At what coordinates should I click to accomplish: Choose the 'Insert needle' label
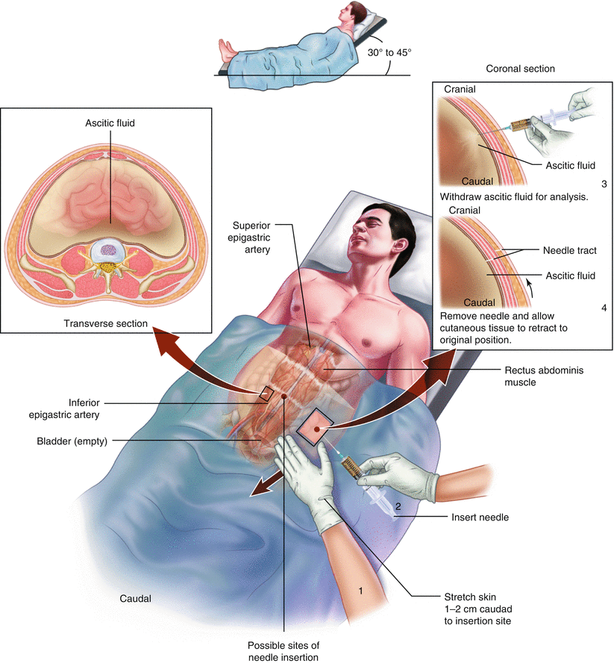pyautogui.click(x=480, y=517)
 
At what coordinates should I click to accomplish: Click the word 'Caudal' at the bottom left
pyautogui.click(x=135, y=599)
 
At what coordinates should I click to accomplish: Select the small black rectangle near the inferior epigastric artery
pyautogui.click(x=266, y=393)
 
